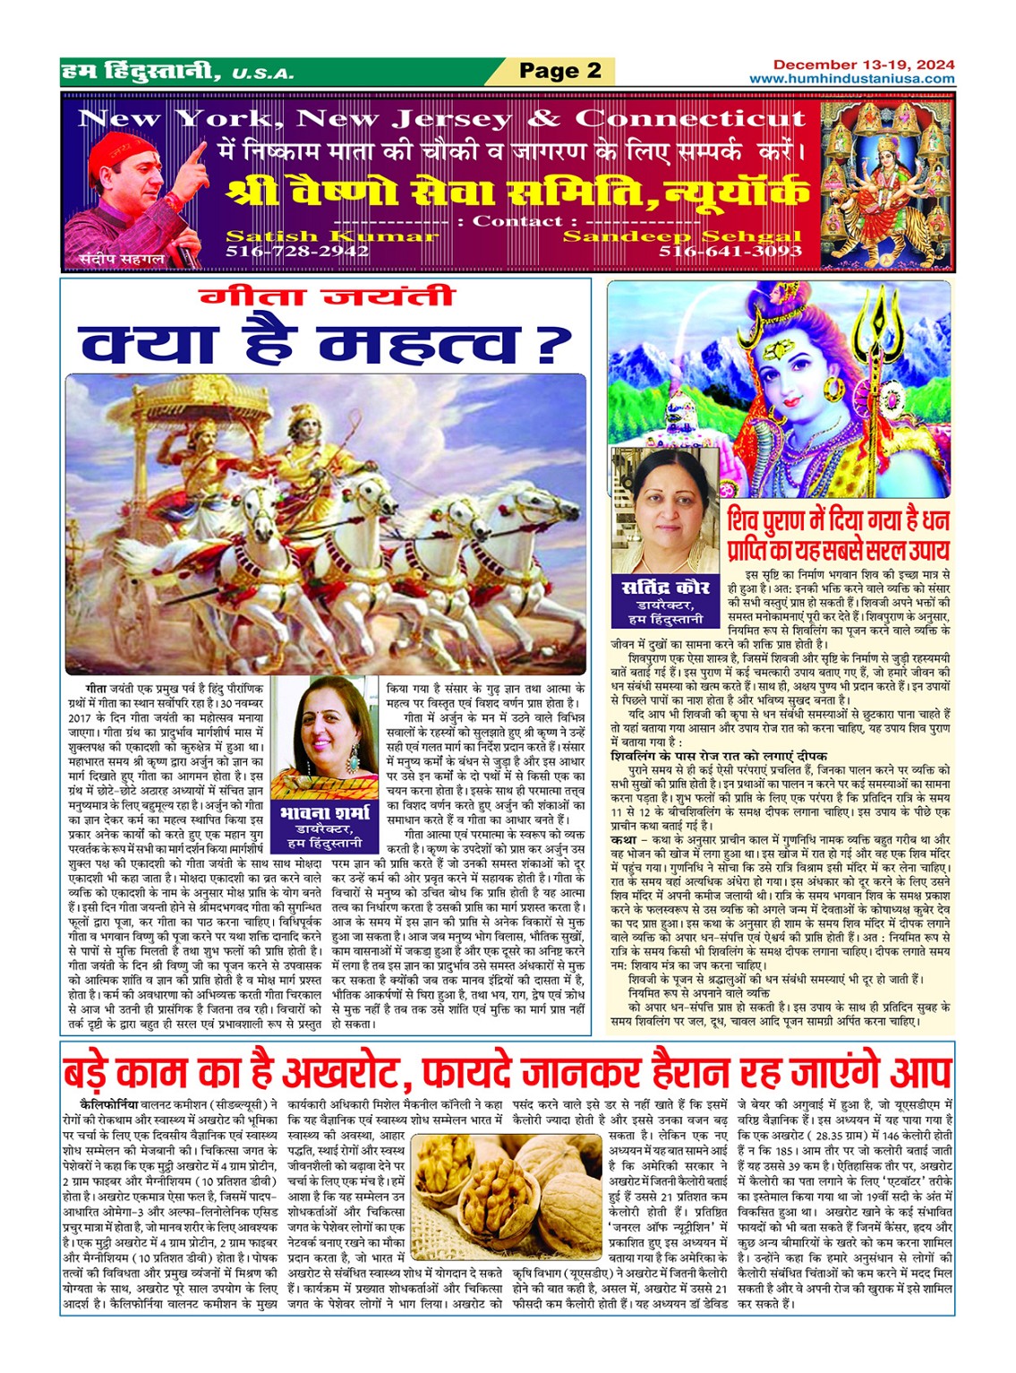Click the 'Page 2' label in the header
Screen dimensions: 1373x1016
[x=560, y=72]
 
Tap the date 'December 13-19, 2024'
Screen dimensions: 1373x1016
[x=863, y=64]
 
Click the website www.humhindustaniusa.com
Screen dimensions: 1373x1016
[x=851, y=79]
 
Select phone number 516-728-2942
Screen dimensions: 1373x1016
[x=297, y=252]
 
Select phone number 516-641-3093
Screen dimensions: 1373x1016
[x=730, y=252]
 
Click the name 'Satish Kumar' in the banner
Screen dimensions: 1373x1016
[x=331, y=236]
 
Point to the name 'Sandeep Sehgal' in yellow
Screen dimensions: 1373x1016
[x=682, y=236]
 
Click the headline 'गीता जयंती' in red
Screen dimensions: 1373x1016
[x=326, y=297]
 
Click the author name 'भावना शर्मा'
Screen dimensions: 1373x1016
[x=324, y=813]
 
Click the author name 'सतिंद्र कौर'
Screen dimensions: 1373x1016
[x=665, y=588]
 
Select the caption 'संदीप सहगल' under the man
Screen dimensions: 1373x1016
[x=109, y=259]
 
